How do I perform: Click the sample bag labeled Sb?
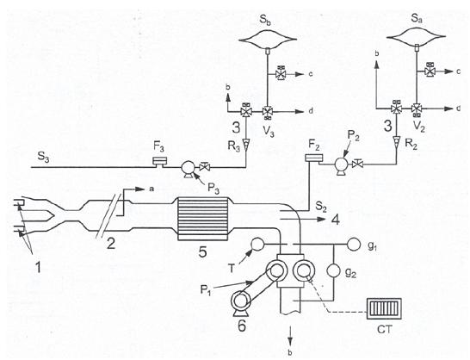268,39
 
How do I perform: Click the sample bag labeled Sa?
416,36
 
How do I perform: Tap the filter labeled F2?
313,158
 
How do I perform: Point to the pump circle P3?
189,167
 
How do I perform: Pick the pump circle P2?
341,164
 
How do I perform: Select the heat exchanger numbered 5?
202,219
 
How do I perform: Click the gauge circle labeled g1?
354,245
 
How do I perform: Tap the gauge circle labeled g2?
334,271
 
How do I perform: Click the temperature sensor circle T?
257,245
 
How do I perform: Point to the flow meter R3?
246,145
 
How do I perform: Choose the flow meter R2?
397,140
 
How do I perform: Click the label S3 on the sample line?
43,156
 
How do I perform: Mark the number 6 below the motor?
242,326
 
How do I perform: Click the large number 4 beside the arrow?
335,220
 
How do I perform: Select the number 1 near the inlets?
38,267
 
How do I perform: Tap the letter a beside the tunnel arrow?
152,189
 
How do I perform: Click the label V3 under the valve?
268,131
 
